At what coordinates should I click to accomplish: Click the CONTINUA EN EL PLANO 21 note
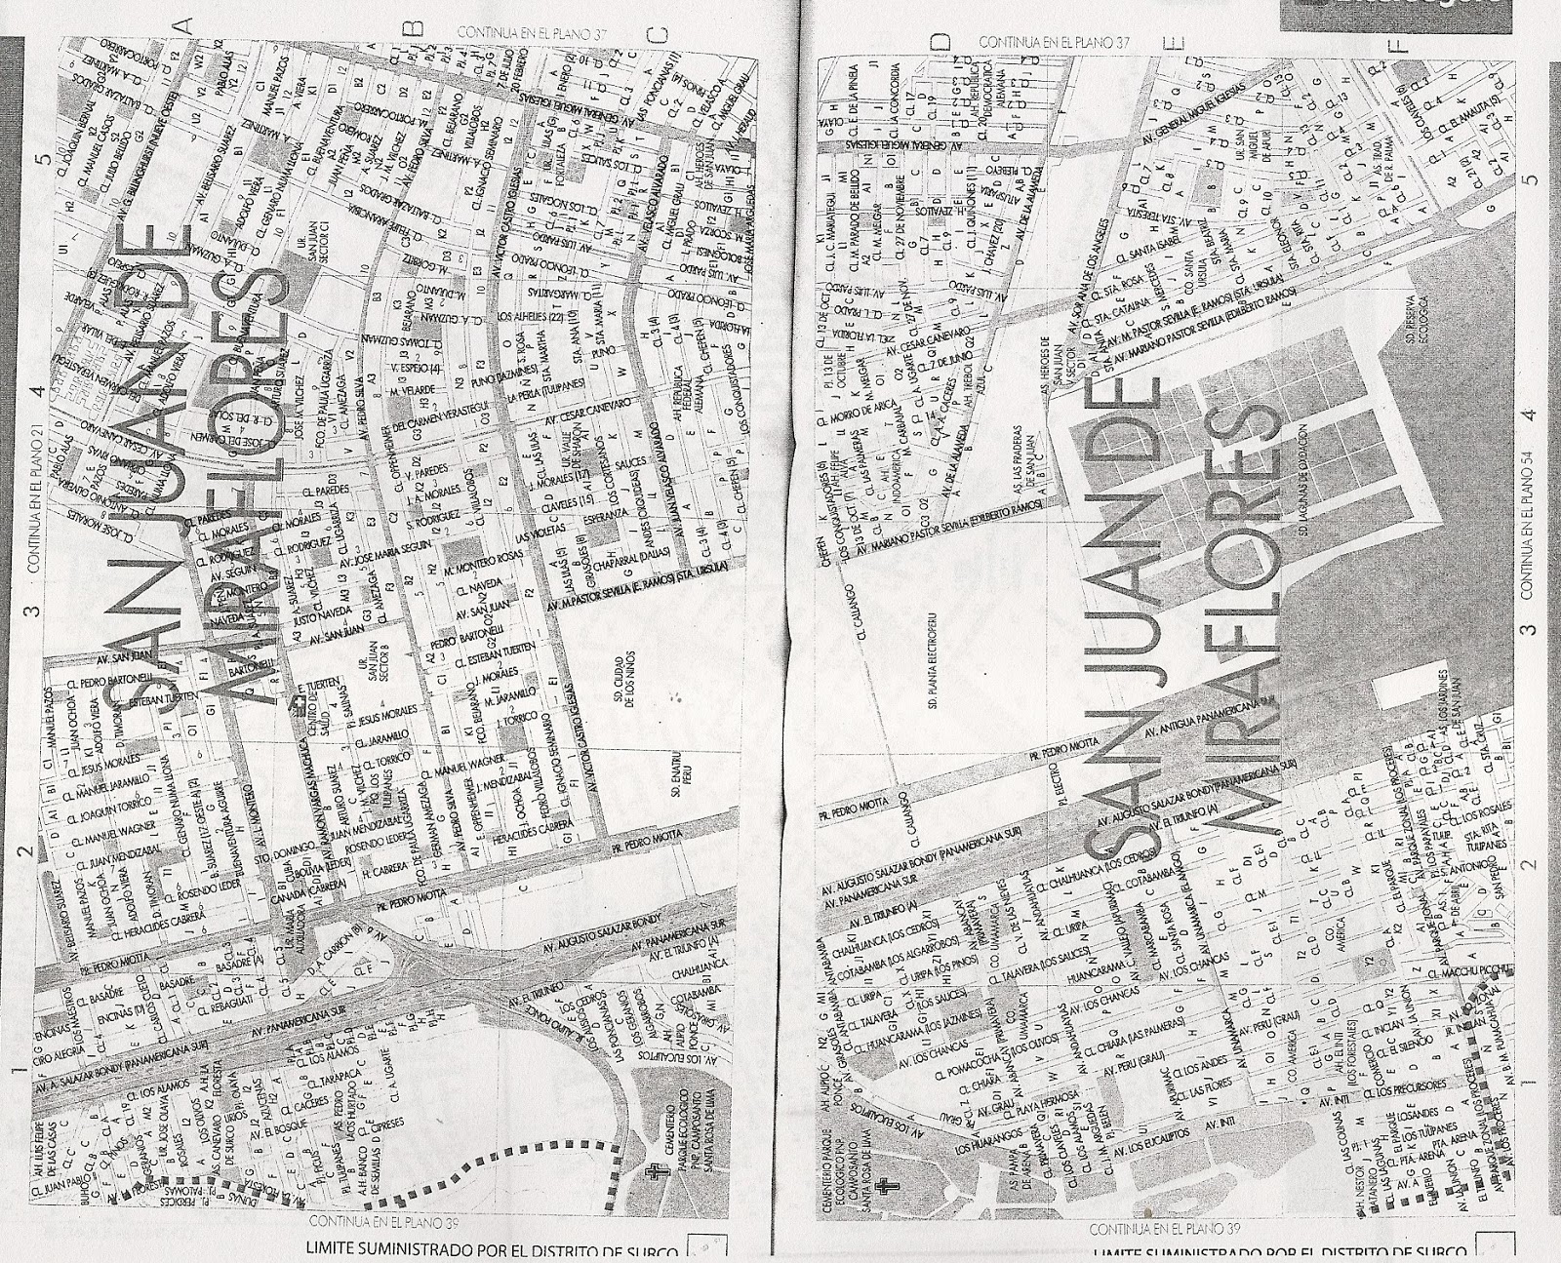click(x=32, y=494)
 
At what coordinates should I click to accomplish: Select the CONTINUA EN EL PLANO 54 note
click(x=1528, y=516)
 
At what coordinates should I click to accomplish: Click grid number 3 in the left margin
click(x=32, y=611)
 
